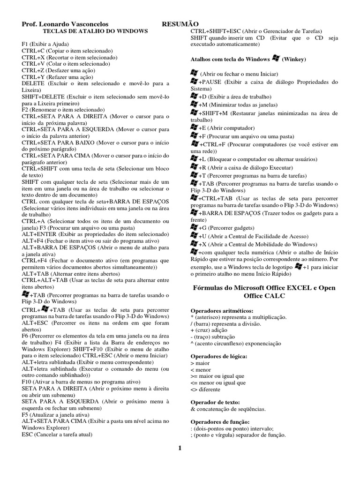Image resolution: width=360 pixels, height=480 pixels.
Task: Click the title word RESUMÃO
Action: tap(180, 24)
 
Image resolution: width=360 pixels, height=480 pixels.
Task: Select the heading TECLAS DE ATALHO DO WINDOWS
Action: tap(95, 31)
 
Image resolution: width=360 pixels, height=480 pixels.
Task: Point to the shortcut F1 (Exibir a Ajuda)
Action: tap(46, 44)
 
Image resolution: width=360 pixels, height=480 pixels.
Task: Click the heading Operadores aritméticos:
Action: tap(215, 310)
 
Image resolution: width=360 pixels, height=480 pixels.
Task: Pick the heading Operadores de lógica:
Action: tap(211, 356)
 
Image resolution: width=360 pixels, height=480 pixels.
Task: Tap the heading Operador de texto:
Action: tap(209, 402)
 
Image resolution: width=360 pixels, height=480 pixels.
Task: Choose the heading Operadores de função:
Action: tap(213, 422)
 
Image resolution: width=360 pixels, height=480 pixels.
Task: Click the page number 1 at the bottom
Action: tap(180, 449)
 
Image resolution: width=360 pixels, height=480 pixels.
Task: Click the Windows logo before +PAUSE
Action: tap(194, 82)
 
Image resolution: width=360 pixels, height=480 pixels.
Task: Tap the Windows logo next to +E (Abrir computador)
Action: tap(194, 127)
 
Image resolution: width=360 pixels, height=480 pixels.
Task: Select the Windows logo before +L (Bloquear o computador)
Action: tap(194, 159)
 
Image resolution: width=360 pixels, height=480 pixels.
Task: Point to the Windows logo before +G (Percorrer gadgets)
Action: tap(194, 227)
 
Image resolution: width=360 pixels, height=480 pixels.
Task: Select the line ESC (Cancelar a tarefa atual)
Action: tap(57, 434)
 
